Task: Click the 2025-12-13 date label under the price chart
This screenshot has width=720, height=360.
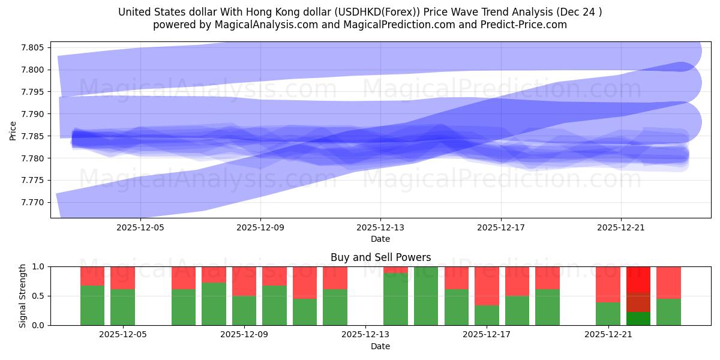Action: tap(380, 228)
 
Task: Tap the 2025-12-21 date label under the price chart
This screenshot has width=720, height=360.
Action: tap(620, 228)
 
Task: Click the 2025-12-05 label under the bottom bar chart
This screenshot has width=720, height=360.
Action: tap(122, 335)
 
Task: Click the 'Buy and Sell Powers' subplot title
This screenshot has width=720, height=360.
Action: tap(380, 257)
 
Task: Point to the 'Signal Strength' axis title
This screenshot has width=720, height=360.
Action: tap(22, 296)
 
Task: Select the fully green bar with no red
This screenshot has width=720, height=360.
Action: tap(426, 296)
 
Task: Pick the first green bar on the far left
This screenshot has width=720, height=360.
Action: tap(92, 305)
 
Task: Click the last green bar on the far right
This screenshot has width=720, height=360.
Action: tap(668, 311)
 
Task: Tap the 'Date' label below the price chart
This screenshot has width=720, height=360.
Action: tap(380, 239)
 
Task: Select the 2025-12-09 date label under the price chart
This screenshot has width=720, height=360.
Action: tap(260, 228)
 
